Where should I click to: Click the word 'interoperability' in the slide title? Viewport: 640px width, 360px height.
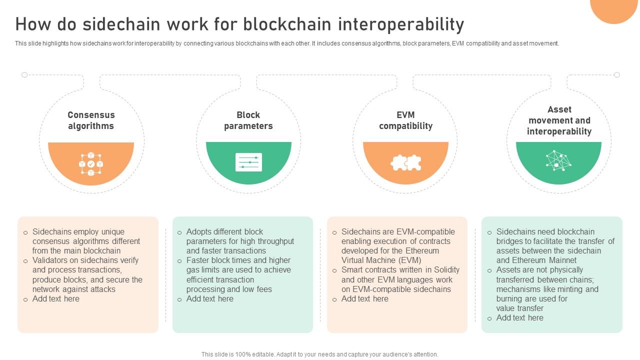(x=401, y=24)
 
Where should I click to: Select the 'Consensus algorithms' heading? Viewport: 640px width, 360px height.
(x=91, y=120)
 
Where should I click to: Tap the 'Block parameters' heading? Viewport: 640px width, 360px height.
(x=248, y=120)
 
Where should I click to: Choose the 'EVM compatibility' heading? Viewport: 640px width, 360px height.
(x=405, y=120)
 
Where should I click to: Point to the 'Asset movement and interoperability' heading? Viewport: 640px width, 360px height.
(x=559, y=120)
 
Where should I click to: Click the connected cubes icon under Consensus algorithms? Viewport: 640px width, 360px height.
(x=91, y=163)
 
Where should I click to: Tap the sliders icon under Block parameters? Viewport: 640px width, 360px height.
(x=248, y=162)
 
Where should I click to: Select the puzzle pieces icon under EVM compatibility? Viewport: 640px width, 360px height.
(x=405, y=162)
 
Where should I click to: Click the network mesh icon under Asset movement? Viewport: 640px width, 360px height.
(x=558, y=160)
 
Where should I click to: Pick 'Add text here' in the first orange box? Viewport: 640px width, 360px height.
(x=55, y=298)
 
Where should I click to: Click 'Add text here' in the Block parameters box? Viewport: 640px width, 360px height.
(x=209, y=298)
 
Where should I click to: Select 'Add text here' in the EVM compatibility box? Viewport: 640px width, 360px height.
(x=364, y=298)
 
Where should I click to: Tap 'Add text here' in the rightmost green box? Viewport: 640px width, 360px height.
(x=519, y=317)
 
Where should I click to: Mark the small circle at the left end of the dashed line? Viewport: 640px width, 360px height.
(x=24, y=75)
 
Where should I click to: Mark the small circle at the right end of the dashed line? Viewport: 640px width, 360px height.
(x=617, y=75)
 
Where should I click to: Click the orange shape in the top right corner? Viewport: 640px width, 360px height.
(x=613, y=8)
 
